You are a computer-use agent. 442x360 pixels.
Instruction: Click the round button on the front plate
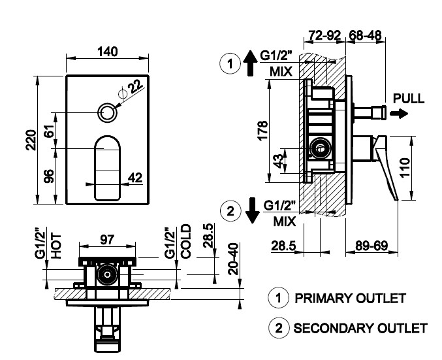click(x=108, y=112)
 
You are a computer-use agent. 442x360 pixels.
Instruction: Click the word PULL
click(x=409, y=99)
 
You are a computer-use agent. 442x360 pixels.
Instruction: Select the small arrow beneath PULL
click(x=398, y=113)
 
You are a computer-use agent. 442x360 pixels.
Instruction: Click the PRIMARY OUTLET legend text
click(x=350, y=298)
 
